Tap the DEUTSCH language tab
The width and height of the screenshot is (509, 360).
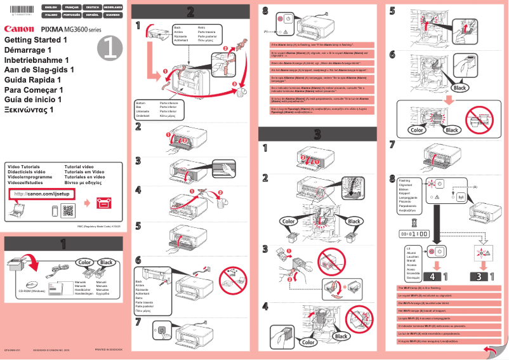click(x=91, y=7)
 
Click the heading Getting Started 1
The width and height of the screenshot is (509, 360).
click(x=36, y=40)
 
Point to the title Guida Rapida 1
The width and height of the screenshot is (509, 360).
click(x=33, y=80)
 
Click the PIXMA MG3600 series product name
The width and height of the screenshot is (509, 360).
click(x=70, y=29)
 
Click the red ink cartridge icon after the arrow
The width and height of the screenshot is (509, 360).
click(x=103, y=203)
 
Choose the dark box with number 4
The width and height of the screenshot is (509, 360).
click(x=430, y=277)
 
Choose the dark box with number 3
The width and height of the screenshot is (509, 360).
click(x=480, y=277)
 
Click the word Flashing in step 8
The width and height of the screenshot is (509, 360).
click(x=404, y=180)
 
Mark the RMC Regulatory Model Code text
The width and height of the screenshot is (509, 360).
click(x=98, y=226)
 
